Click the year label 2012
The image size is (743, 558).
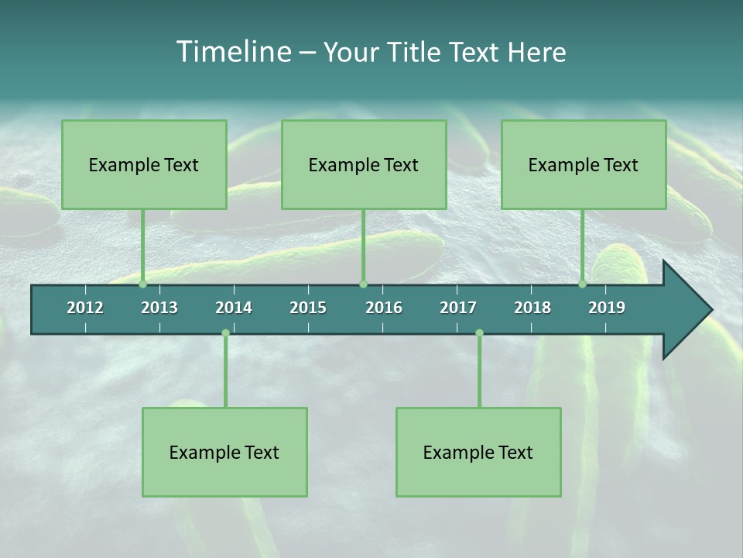coord(85,308)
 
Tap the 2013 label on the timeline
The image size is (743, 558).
coord(159,308)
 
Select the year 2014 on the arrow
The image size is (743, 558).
coord(234,308)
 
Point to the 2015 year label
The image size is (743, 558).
coord(308,308)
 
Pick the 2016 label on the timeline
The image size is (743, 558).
coord(384,308)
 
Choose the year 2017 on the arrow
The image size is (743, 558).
coord(458,308)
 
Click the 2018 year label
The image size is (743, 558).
coord(532,308)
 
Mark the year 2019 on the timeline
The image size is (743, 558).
coord(607,308)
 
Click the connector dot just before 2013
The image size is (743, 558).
coord(143,284)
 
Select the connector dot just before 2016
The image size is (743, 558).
coord(364,284)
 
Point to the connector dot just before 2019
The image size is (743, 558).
coord(583,284)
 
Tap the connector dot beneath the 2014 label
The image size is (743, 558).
coord(225,333)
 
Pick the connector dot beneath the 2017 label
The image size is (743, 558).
coord(479,333)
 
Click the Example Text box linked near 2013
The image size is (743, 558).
coord(144,164)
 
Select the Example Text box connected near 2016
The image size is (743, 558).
coord(364,164)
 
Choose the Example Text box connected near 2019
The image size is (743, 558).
coord(584,164)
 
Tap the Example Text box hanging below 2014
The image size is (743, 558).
coord(224,452)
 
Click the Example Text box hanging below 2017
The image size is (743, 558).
coord(478,452)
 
